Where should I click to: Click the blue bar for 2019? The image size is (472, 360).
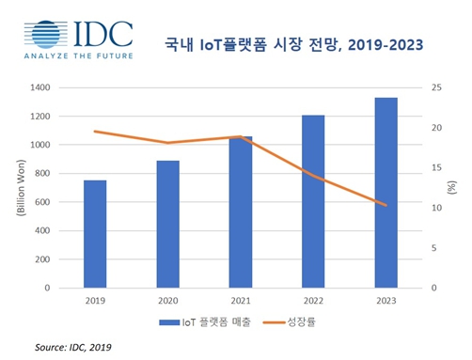(x=95, y=234)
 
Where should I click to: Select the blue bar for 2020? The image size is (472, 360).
(x=167, y=225)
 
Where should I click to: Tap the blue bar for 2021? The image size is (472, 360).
(x=241, y=212)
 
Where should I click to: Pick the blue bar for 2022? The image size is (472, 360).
(x=313, y=201)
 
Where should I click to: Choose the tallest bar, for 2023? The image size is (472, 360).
(x=385, y=193)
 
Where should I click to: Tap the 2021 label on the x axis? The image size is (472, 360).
(x=241, y=300)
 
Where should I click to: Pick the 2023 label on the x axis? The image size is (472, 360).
(x=385, y=300)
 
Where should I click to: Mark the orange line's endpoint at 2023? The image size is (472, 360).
(x=385, y=205)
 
